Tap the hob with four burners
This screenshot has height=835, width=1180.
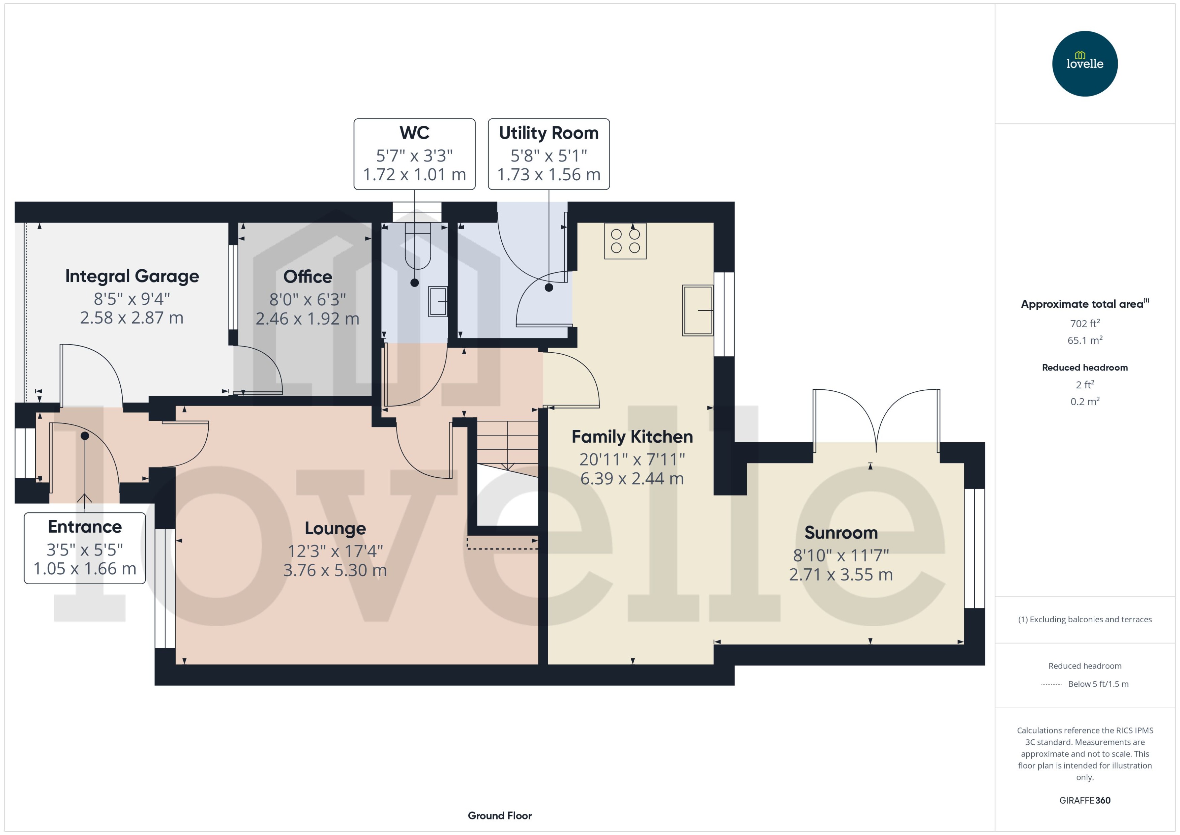coord(625,241)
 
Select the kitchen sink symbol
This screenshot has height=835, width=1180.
coord(697,310)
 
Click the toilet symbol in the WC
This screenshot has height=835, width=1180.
coord(417,247)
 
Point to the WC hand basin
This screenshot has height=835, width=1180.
coord(438,302)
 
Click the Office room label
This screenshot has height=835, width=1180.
coord(307,277)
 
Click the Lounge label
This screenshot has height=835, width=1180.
coord(335,528)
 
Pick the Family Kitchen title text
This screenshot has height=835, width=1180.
coord(632,437)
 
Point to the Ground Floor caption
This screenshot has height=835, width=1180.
coord(499,815)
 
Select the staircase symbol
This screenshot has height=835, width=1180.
coord(507,445)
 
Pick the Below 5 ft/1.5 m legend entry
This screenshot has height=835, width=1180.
coord(1098,684)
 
